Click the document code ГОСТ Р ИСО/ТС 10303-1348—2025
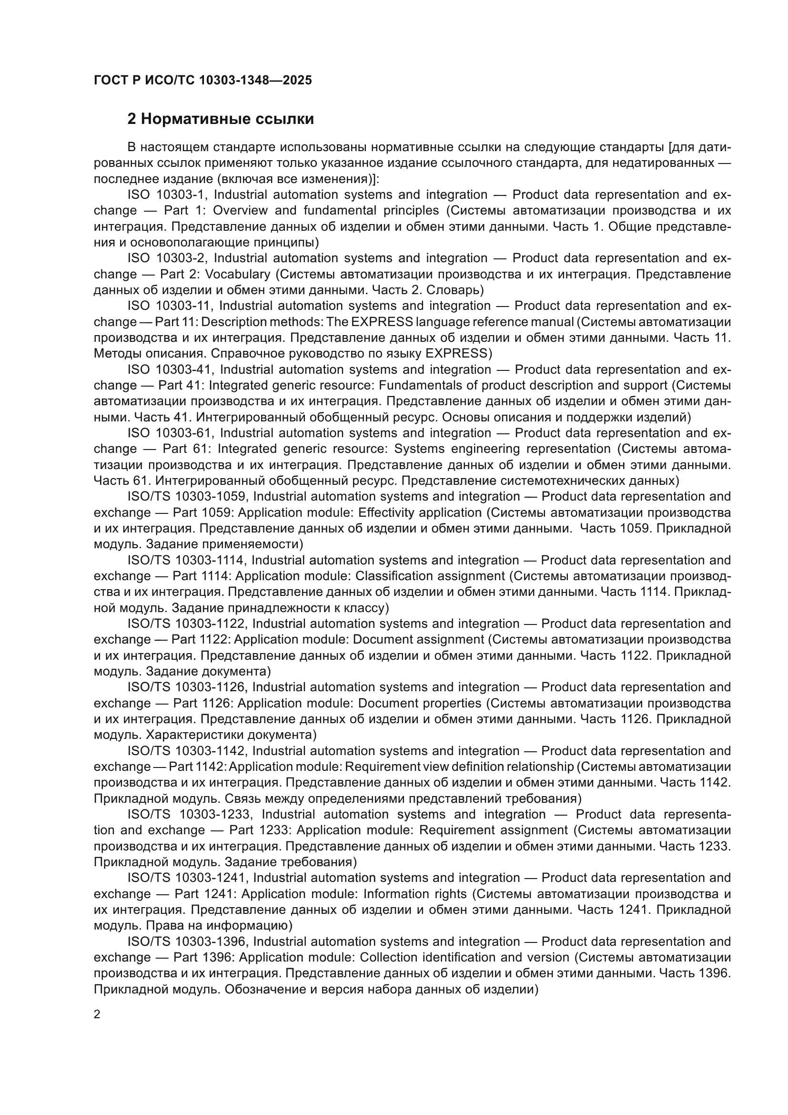point(203,80)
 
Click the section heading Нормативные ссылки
point(220,119)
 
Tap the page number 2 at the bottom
point(97,1014)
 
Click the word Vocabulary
point(237,275)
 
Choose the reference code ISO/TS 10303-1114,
point(187,561)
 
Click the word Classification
point(393,576)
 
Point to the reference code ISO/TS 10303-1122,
point(187,624)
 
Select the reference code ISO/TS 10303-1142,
point(187,751)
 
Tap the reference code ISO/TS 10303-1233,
point(192,815)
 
